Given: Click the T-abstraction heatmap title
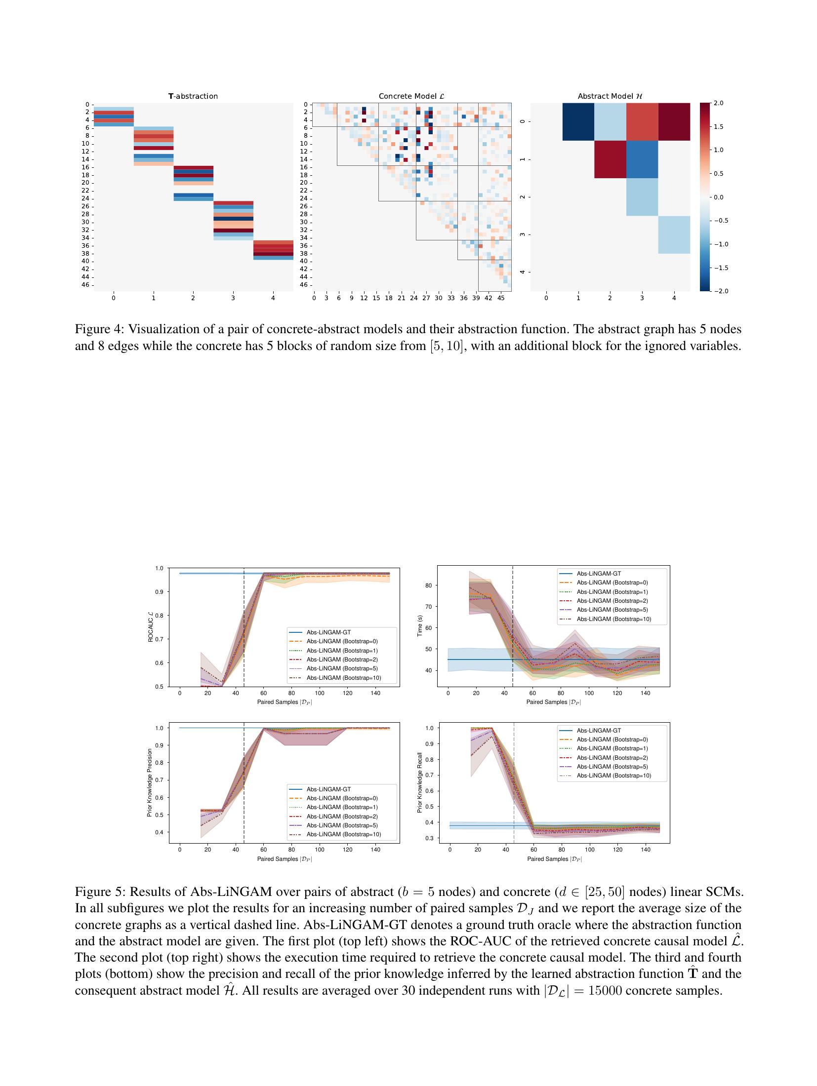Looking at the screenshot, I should [193, 96].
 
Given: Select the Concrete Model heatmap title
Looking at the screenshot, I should [411, 96].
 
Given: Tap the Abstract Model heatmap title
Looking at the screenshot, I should [610, 96].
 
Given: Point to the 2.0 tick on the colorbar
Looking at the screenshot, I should [717, 103].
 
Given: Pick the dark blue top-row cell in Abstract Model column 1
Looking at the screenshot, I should [578, 122].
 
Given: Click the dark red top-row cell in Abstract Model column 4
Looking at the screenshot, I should [674, 122].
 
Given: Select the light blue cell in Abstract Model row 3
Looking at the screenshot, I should [674, 234].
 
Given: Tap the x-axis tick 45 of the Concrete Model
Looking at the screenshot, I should [500, 299].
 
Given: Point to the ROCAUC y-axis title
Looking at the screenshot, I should [151, 627].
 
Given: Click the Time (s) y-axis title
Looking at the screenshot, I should [420, 626].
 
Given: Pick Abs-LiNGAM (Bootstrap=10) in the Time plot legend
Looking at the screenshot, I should [613, 619].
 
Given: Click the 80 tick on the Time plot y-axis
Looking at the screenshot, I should [429, 585].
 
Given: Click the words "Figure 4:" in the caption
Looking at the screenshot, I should [98, 329].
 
